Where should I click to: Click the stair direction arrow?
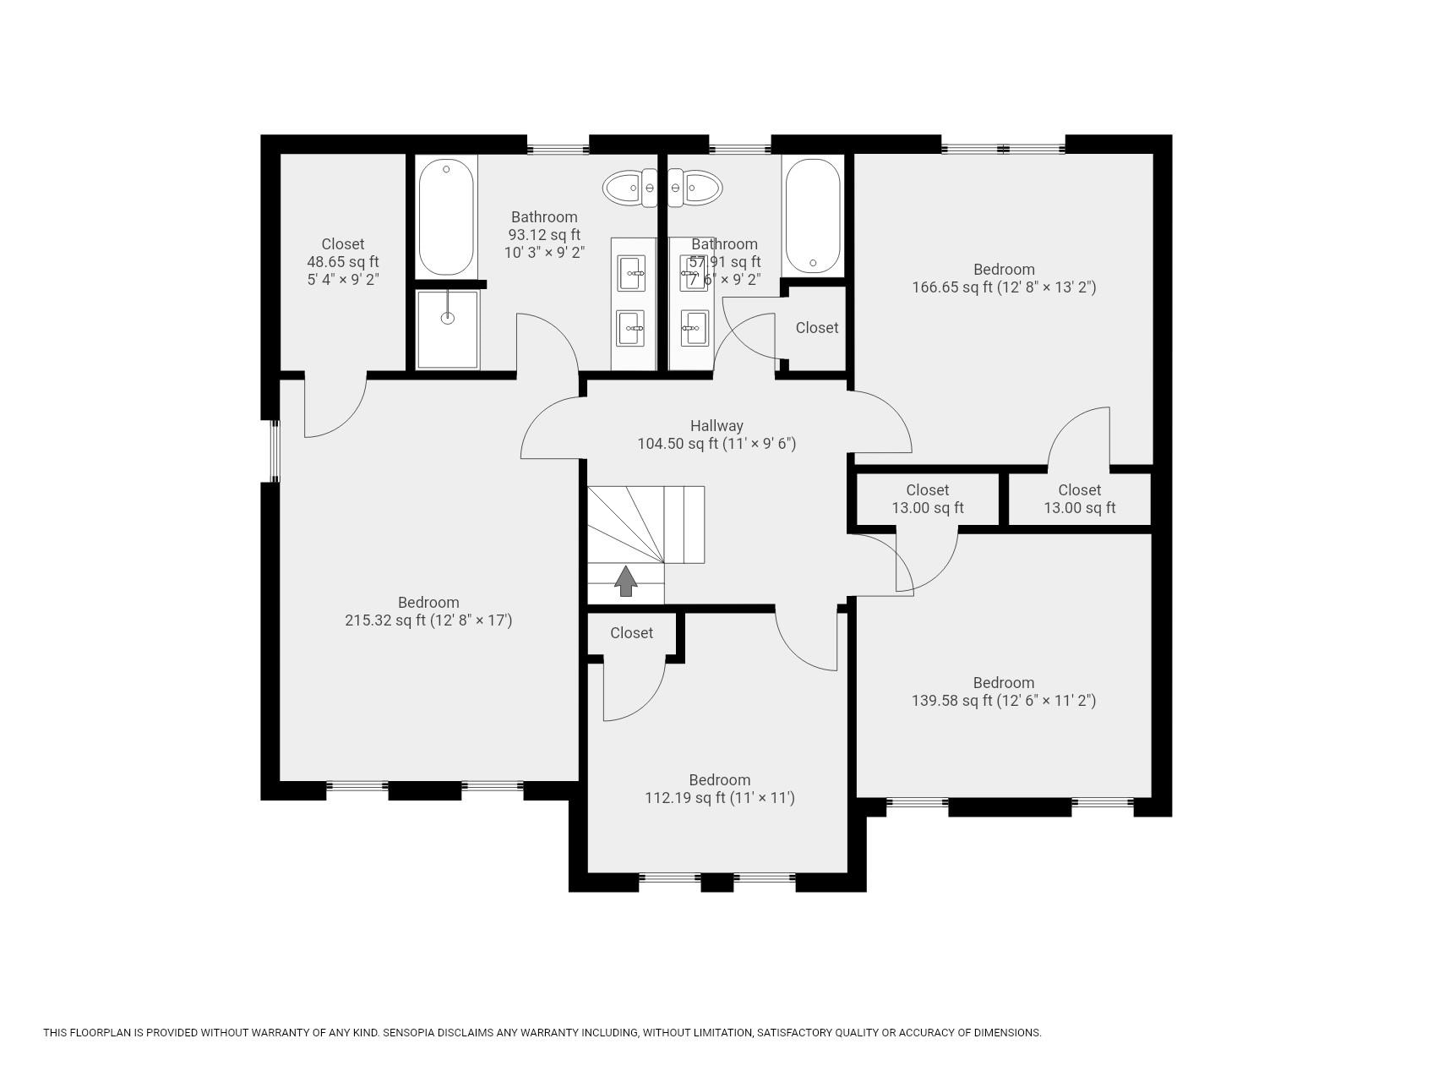[x=625, y=581]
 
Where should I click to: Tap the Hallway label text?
[x=716, y=426]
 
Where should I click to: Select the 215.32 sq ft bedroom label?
[x=428, y=611]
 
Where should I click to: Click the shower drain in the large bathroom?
[x=448, y=318]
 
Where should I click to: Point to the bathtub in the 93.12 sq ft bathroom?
[x=446, y=216]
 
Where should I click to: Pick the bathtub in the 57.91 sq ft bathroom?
[x=812, y=216]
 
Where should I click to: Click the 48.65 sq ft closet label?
[x=343, y=261]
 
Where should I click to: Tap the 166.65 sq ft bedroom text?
[x=1004, y=278]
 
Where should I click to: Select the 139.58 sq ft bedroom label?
[x=1004, y=691]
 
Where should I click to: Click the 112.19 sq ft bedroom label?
[x=719, y=789]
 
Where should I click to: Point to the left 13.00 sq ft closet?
[x=928, y=499]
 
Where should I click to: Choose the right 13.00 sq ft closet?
[x=1080, y=499]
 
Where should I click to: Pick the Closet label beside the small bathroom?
[x=817, y=328]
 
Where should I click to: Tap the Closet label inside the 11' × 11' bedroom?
[x=632, y=633]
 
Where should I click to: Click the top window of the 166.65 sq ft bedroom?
[x=1003, y=150]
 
